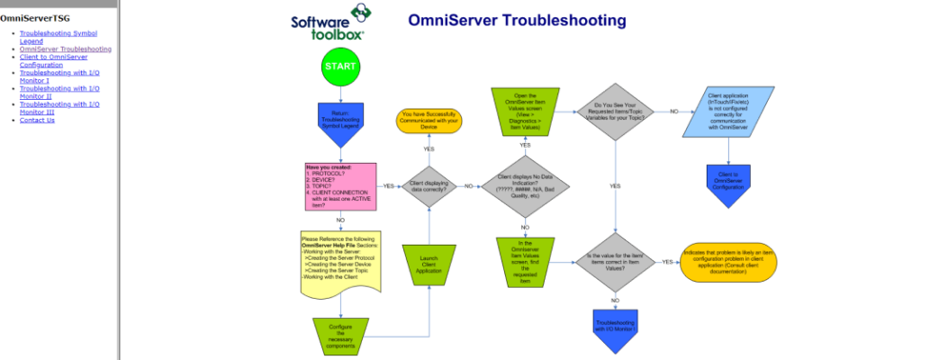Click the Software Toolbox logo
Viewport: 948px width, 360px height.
[x=329, y=22]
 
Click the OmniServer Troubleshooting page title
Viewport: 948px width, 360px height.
[x=517, y=20]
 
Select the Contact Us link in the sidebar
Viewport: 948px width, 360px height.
[x=37, y=120]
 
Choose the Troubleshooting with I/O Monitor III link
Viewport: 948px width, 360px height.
[x=59, y=108]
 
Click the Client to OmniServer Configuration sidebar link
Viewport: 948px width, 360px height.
[x=54, y=60]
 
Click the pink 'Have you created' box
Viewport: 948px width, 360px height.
[x=340, y=186]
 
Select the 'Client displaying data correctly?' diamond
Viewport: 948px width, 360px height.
[x=429, y=186]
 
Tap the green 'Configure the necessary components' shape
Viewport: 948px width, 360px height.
[x=340, y=335]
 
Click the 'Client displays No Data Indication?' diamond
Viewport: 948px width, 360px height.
[x=524, y=186]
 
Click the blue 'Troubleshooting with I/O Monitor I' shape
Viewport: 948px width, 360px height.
[x=616, y=326]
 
